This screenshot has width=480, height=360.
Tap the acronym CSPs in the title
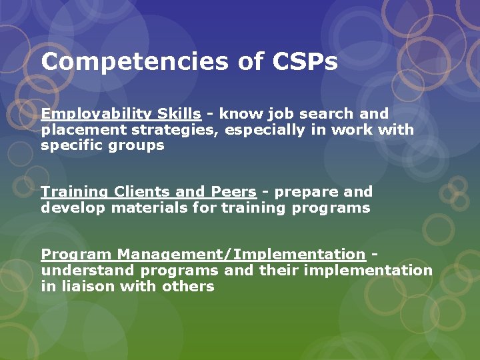(305, 62)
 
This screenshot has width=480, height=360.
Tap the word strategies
(173, 130)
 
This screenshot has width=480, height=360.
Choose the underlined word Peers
(233, 192)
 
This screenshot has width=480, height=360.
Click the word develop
(73, 207)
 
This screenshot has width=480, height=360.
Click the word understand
(87, 270)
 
